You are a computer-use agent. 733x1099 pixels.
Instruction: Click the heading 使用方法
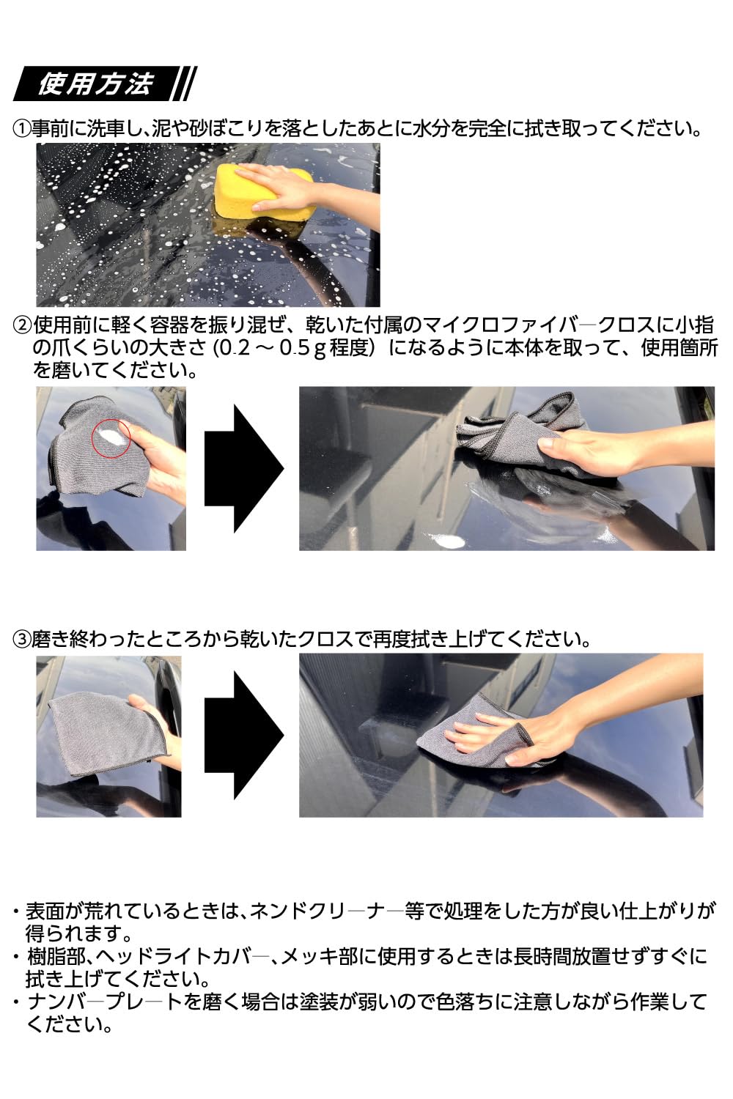point(95,84)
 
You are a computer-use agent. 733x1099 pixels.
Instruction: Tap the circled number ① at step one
point(21,129)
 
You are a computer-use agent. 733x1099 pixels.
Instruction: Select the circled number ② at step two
point(22,325)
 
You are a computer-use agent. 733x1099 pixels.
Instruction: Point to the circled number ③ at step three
point(21,639)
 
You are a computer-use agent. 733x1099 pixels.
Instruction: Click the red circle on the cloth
point(111,437)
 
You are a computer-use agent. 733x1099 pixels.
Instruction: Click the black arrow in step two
point(243,468)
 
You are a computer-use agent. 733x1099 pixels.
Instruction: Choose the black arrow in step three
point(243,735)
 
